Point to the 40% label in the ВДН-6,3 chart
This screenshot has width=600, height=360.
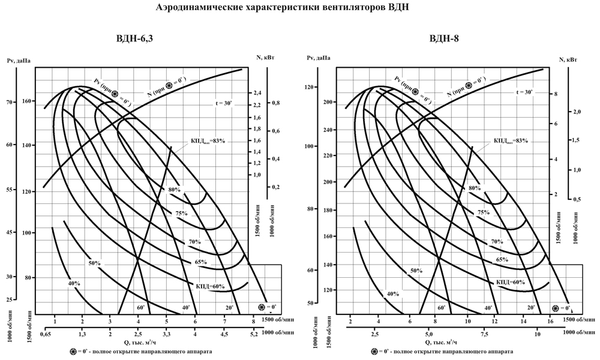(74, 283)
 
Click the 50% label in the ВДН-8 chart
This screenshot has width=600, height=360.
(416, 271)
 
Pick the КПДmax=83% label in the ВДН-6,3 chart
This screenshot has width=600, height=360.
(208, 140)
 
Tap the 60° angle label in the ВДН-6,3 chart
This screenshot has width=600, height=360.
(140, 308)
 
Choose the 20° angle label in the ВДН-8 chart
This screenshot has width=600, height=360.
(531, 308)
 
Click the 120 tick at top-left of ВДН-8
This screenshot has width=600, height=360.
(309, 88)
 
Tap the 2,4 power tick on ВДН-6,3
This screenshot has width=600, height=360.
(257, 93)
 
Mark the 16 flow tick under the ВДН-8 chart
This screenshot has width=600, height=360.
(550, 323)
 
